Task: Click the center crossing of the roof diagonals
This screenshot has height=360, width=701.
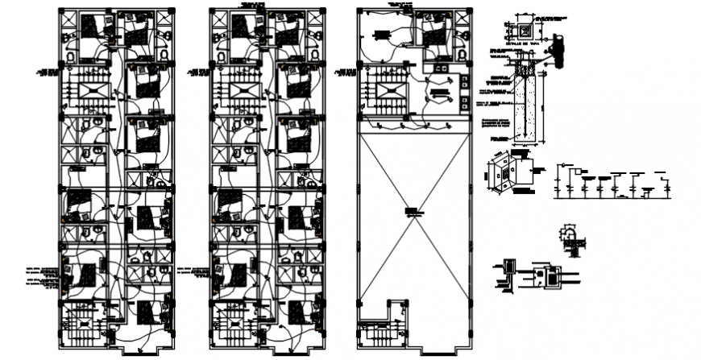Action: pyautogui.click(x=413, y=213)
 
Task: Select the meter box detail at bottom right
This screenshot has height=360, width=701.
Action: pyautogui.click(x=554, y=275)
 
